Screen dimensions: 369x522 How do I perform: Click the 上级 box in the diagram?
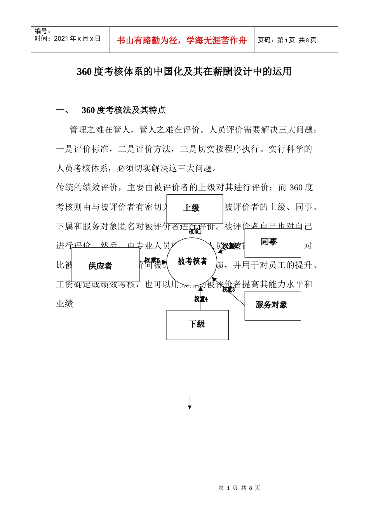[195, 209]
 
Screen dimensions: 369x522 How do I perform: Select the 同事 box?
[272, 242]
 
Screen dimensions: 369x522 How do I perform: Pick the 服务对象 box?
[272, 305]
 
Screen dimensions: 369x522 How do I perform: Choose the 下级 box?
[197, 324]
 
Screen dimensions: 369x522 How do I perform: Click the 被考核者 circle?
[192, 261]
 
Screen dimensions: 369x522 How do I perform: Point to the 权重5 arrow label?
[152, 260]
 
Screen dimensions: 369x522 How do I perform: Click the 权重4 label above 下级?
[201, 299]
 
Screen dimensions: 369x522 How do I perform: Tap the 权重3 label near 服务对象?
[228, 289]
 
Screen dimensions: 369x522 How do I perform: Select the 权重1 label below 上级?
[195, 231]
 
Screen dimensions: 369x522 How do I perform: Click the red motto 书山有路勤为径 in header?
[181, 40]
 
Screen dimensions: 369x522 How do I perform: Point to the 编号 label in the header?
[42, 31]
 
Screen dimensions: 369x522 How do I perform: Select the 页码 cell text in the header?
[287, 40]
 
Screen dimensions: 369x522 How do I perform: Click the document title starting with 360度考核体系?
[184, 71]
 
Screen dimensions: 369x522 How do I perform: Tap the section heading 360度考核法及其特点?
[124, 110]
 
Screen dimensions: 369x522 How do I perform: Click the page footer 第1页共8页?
[239, 488]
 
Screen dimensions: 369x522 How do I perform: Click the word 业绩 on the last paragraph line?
[65, 303]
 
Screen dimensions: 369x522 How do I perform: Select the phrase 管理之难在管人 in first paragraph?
[100, 130]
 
